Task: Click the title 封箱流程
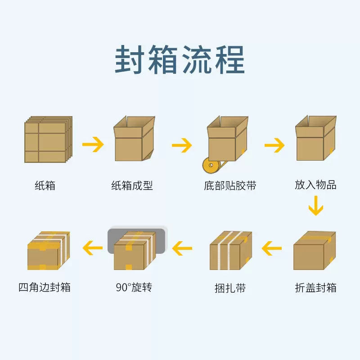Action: tap(180, 59)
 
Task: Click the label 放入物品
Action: tap(315, 185)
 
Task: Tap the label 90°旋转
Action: tap(134, 287)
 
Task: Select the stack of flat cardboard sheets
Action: tap(48, 139)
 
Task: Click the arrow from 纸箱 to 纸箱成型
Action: tap(93, 144)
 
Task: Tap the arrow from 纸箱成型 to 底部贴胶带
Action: tap(182, 145)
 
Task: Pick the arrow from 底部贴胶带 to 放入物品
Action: tap(274, 145)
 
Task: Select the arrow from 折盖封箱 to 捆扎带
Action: tap(272, 247)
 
